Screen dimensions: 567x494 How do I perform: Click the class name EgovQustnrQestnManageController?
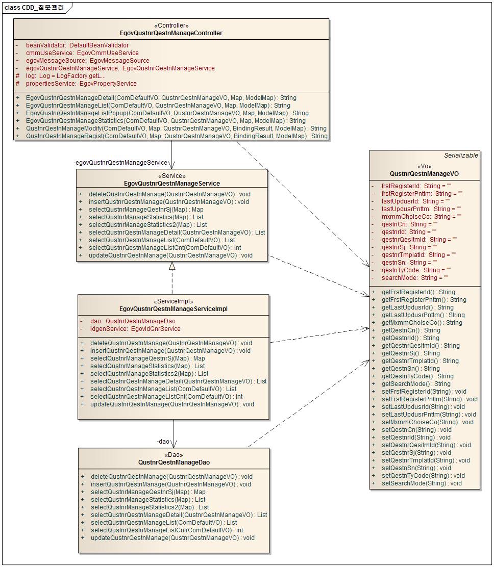pos(171,33)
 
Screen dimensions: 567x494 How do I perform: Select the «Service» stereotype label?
pos(171,176)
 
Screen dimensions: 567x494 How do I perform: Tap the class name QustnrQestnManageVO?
pos(425,174)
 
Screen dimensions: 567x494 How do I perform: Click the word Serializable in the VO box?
pos(461,156)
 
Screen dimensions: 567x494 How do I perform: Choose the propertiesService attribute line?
pos(81,84)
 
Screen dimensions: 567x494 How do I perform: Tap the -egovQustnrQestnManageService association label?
pos(120,163)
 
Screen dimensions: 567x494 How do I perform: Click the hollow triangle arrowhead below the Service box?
pos(172,266)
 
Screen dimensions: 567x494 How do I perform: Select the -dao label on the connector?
pos(163,442)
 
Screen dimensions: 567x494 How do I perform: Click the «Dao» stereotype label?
pos(174,455)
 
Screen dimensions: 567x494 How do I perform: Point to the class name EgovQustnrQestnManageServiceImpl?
pos(173,309)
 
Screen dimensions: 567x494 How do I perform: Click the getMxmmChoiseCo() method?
pos(422,323)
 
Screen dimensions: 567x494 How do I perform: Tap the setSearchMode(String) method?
pos(422,483)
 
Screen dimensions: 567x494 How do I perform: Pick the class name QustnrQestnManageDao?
pos(174,462)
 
